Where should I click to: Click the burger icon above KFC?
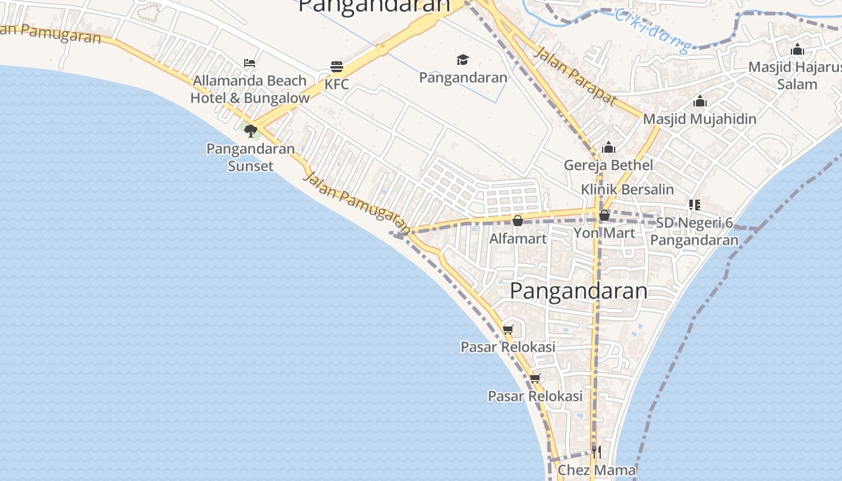pos(337,66)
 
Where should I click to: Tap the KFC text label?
pos(337,84)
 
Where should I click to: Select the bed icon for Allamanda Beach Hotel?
pos(250,63)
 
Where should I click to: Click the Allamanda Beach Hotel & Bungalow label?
pos(250,89)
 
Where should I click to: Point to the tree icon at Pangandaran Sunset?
pos(250,130)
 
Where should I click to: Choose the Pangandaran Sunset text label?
pos(250,157)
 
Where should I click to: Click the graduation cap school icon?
pos(462,60)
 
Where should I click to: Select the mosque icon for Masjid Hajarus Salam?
pos(797,49)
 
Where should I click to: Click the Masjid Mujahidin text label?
pos(699,118)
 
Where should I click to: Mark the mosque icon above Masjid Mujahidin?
pos(699,101)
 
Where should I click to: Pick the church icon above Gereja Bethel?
pos(609,147)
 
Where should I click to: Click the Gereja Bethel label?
pos(609,165)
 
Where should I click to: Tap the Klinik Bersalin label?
pos(627,189)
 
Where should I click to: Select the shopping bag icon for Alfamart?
pos(517,221)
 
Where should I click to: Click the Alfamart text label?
pos(518,238)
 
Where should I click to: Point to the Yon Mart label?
pos(604,233)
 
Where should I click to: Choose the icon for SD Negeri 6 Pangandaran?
pos(695,205)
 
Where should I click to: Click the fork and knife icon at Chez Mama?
pos(596,452)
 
